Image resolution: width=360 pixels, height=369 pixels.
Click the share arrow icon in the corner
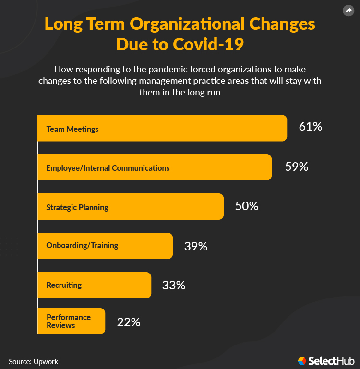tap(348, 11)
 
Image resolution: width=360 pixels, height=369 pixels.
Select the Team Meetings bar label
tap(72, 129)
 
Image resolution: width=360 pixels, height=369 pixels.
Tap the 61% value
tap(310, 127)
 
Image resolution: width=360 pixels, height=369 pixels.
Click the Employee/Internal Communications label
tap(108, 168)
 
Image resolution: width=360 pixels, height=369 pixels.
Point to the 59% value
tap(296, 167)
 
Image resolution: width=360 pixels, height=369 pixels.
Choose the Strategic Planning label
tap(77, 207)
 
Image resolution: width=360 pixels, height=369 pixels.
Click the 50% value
tap(247, 206)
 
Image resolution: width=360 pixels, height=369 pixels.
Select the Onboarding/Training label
tap(82, 245)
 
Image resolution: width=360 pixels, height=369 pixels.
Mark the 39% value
tap(195, 247)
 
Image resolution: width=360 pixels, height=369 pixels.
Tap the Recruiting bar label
tap(64, 285)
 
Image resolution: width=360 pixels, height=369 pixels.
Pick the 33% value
tap(174, 285)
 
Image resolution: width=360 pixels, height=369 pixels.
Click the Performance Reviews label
tap(68, 321)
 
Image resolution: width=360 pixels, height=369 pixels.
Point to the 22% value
tap(129, 322)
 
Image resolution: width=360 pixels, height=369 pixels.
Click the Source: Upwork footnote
tap(33, 361)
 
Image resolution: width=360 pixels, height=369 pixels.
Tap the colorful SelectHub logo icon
tap(302, 361)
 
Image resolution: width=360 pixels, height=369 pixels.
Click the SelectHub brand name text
tap(331, 361)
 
